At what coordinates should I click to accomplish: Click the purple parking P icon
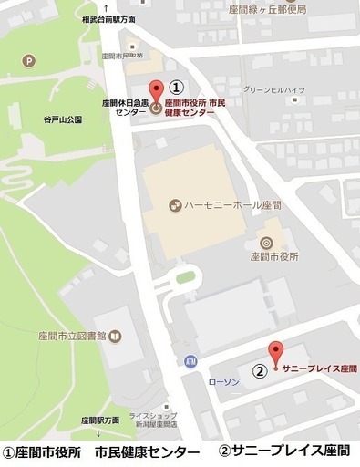tap(31, 62)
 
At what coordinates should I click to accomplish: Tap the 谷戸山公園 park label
tap(62, 119)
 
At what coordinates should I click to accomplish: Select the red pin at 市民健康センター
tap(155, 93)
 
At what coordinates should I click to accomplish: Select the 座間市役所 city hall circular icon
tap(266, 243)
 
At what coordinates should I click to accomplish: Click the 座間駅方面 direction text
tap(100, 420)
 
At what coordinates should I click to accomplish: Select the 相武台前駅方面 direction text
tap(108, 18)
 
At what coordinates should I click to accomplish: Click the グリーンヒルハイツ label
tap(273, 90)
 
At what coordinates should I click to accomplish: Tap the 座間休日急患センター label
tap(126, 107)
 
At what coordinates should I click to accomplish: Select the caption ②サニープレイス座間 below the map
tap(283, 451)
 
